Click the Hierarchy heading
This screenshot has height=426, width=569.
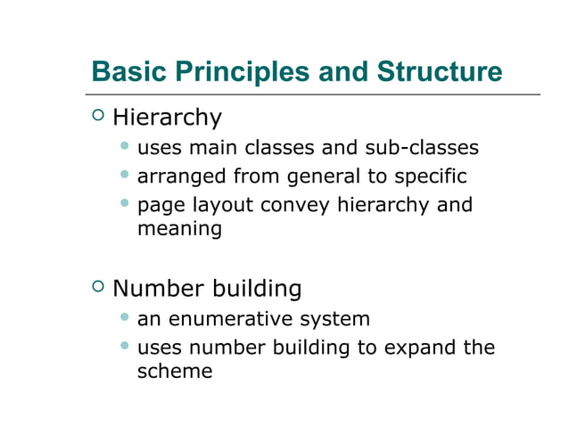tap(168, 118)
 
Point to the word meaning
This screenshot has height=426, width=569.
tap(179, 229)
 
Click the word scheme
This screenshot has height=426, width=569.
tap(175, 371)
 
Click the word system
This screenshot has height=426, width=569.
tap(339, 319)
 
